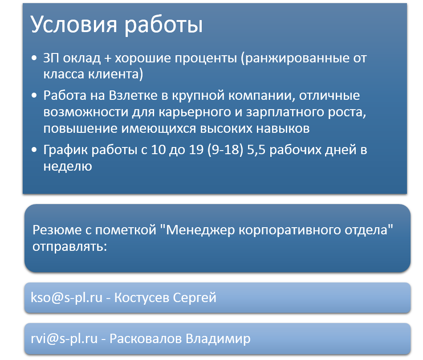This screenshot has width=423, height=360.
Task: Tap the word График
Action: [65, 150]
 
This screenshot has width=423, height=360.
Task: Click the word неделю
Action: [68, 166]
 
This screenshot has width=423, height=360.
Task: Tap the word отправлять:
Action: [69, 246]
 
